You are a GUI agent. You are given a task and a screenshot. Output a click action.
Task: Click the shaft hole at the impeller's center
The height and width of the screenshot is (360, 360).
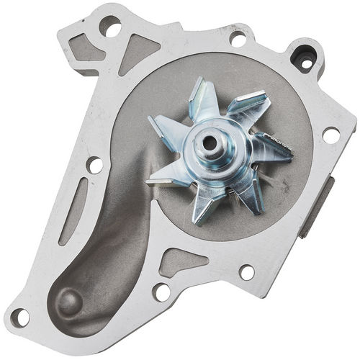point(209,142)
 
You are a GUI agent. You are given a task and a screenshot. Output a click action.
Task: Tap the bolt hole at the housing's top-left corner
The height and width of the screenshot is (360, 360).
point(110,28)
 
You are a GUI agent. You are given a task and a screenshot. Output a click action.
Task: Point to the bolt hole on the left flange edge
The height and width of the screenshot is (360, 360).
point(94,165)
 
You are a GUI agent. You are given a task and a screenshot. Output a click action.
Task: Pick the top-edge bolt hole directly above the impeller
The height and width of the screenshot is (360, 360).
point(237,38)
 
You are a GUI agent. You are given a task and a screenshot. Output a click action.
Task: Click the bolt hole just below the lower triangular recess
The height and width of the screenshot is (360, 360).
point(162,292)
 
